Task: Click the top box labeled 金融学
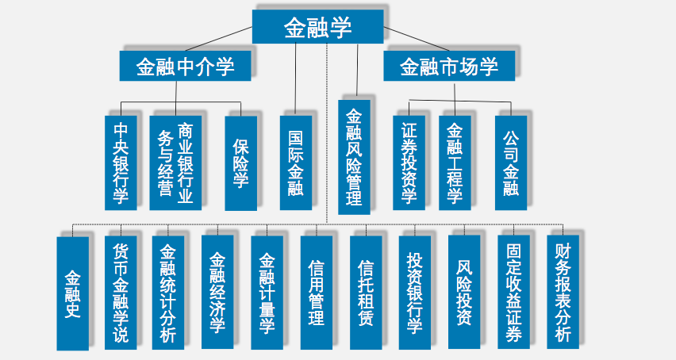(x=317, y=28)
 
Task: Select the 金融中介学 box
(x=185, y=67)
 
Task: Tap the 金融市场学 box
(x=448, y=67)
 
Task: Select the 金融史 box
(x=72, y=293)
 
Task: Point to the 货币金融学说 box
(x=121, y=293)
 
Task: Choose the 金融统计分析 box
(x=167, y=293)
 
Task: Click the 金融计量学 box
(x=267, y=293)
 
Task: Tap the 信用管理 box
(x=316, y=293)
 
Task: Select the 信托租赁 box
(x=365, y=293)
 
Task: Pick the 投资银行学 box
(x=414, y=293)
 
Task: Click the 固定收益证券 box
(x=513, y=293)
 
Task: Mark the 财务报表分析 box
(x=563, y=293)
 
